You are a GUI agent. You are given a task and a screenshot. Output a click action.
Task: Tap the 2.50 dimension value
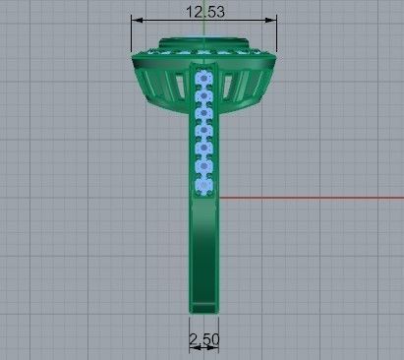click(x=203, y=339)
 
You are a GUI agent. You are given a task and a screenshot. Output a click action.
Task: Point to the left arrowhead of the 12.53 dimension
click(x=136, y=20)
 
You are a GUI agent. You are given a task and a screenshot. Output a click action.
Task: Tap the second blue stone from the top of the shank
click(x=204, y=93)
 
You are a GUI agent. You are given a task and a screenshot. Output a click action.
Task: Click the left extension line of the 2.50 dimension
click(x=190, y=330)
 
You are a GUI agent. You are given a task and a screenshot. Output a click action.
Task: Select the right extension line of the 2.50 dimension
click(x=218, y=330)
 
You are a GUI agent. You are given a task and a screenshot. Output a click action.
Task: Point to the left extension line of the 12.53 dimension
click(x=132, y=34)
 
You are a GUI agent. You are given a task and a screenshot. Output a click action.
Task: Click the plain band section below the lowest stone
click(x=203, y=246)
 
